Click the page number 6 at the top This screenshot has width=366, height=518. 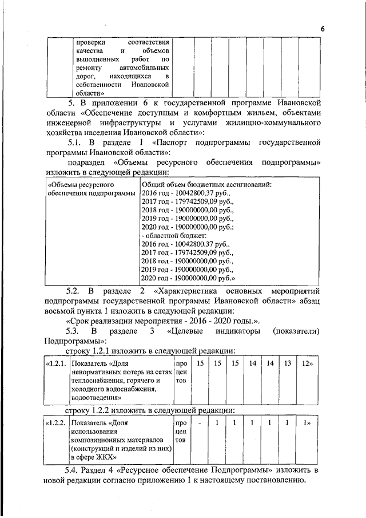(x=322, y=29)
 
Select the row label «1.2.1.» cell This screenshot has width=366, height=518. (x=55, y=363)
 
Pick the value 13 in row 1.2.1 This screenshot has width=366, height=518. (x=288, y=363)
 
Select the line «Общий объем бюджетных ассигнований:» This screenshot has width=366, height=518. (x=206, y=185)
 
